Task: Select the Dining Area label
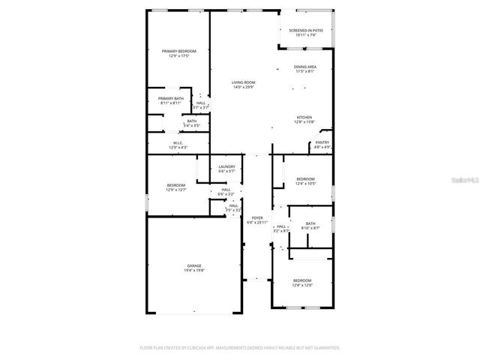(x=304, y=69)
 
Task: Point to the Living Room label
(x=243, y=85)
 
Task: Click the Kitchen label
(x=304, y=119)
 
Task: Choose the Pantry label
(x=322, y=145)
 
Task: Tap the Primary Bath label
(x=170, y=100)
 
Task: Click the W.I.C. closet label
(x=178, y=145)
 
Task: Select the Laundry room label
(x=226, y=169)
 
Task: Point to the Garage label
(x=194, y=268)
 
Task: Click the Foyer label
(x=257, y=220)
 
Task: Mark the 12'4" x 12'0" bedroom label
(x=302, y=283)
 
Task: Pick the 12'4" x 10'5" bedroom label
(x=305, y=181)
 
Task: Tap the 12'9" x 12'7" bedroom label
(x=175, y=187)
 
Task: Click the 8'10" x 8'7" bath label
(x=310, y=225)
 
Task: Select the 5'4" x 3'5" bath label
(x=192, y=123)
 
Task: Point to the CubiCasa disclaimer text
(x=239, y=348)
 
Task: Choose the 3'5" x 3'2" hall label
(x=233, y=208)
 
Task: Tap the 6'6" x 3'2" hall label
(x=226, y=193)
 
